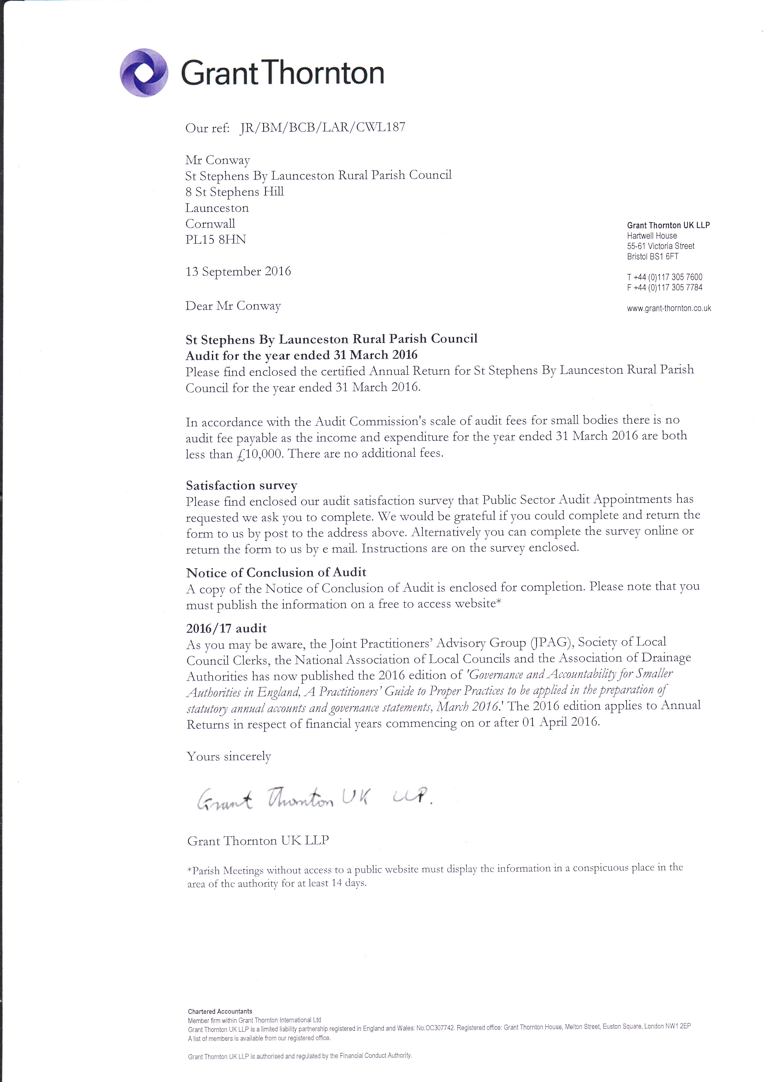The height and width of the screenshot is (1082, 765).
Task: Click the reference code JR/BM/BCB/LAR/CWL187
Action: pos(322,127)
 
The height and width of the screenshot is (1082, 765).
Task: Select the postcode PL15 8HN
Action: pos(215,239)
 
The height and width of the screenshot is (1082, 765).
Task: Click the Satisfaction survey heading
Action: pos(241,485)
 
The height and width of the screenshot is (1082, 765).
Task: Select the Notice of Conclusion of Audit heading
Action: pos(276,573)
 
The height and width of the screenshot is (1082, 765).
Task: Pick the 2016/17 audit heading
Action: pos(226,628)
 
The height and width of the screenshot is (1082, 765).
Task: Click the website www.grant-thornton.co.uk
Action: pos(668,308)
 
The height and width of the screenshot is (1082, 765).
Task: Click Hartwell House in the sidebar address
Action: pos(651,236)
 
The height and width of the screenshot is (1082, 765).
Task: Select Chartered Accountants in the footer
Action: pos(220,1011)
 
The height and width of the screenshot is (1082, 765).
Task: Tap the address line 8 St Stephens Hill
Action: pos(234,192)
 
